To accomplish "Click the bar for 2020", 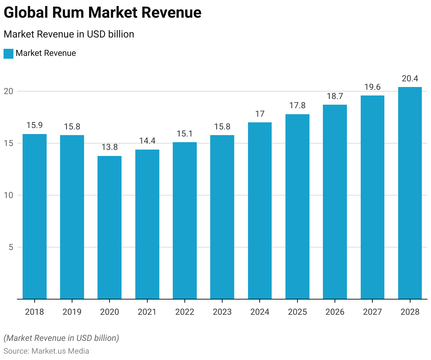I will (110, 227).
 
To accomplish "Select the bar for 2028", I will (410, 193).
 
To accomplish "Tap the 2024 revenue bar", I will (260, 210).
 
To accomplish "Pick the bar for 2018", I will (35, 216).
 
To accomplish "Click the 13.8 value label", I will (110, 147).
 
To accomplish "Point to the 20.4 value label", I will (410, 79).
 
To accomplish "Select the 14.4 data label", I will (147, 141).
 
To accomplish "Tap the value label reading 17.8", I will (297, 105).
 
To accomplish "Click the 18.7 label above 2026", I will (335, 96).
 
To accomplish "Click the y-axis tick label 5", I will (11, 247).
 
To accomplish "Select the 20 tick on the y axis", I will (8, 91).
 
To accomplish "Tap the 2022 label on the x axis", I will (185, 312).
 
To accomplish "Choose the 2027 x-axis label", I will (372, 312).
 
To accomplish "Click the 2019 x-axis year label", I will (72, 312).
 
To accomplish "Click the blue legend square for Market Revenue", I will (8, 53).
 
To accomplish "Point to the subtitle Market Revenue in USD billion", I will (69, 34).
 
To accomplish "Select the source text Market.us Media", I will (60, 351).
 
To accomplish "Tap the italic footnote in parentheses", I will (61, 338).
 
